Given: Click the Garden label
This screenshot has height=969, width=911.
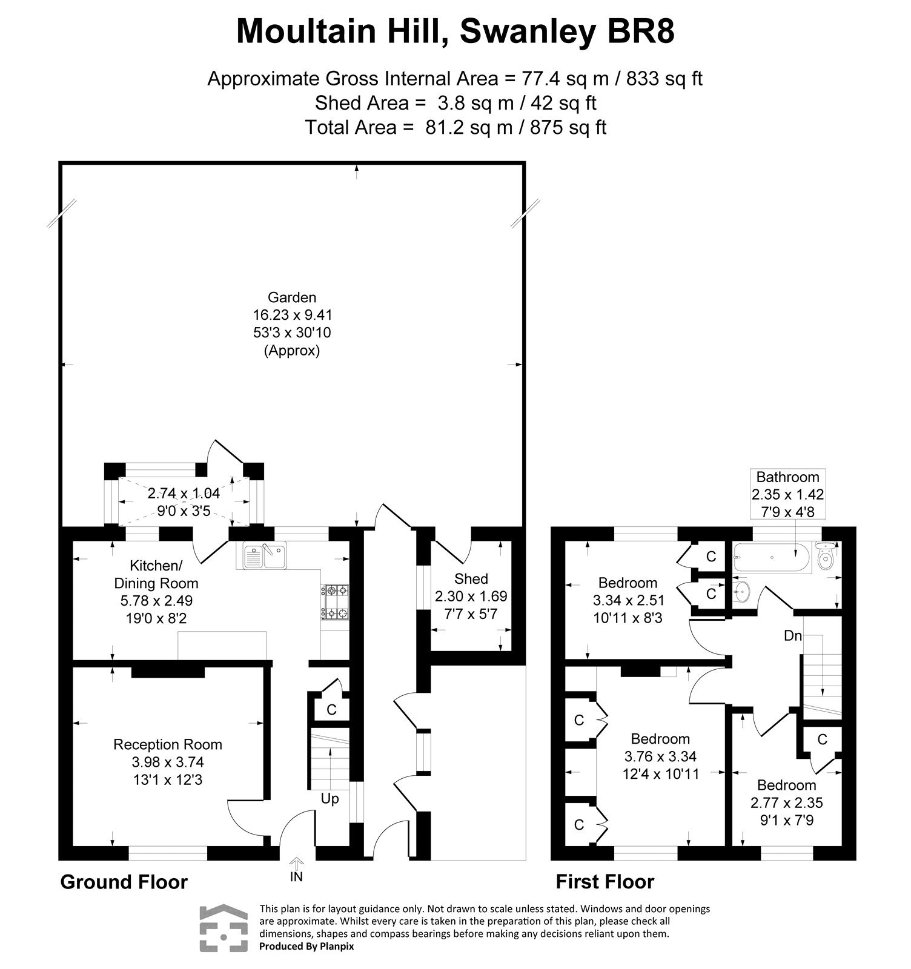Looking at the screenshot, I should tap(292, 297).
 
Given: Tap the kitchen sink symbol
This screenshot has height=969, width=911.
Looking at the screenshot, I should tap(265, 556).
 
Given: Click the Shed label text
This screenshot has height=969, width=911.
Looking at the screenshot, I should tap(471, 579).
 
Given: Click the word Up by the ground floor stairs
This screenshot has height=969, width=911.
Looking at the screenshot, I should tap(330, 799).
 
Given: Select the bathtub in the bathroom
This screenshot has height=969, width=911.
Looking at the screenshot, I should tap(772, 558).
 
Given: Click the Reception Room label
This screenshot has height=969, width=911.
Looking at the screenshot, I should tap(168, 744).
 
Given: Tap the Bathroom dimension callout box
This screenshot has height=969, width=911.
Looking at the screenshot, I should tap(787, 494).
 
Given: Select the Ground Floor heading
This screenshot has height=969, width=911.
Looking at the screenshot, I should tap(124, 882).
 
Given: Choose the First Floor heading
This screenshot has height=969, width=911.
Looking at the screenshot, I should tap(605, 882).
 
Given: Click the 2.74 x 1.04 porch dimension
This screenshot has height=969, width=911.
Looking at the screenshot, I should tap(184, 493).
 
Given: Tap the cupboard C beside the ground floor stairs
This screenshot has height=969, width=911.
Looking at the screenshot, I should tap(331, 709).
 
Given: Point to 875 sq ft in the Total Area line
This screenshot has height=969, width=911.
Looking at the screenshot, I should tap(568, 127).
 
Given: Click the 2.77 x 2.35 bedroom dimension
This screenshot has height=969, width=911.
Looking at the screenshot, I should tap(786, 803).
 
